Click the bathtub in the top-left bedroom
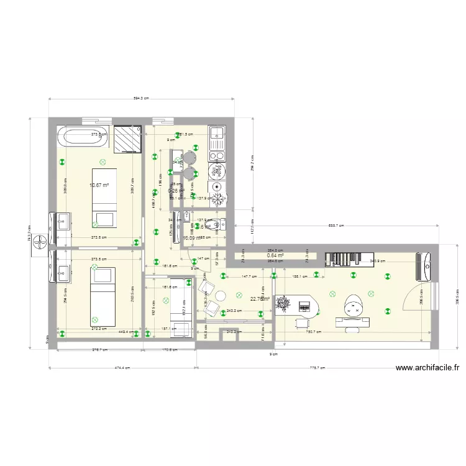coord(81,138)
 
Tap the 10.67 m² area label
coord(99,185)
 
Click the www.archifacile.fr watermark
coord(427,368)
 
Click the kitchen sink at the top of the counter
coord(217,140)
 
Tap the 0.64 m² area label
coord(275,255)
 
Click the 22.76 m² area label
coord(260,299)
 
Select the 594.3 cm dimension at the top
coord(141,98)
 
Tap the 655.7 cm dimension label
coord(336,226)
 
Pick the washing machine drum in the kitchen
coord(217,186)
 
